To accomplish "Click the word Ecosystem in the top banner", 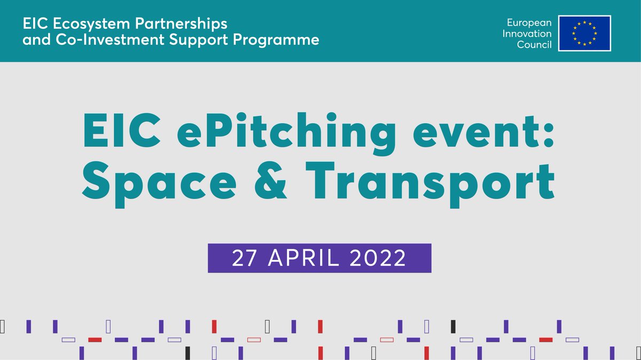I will (73, 25).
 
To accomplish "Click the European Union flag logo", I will (584, 33).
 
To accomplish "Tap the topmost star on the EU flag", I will (584, 22).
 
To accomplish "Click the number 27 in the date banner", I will (244, 259).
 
